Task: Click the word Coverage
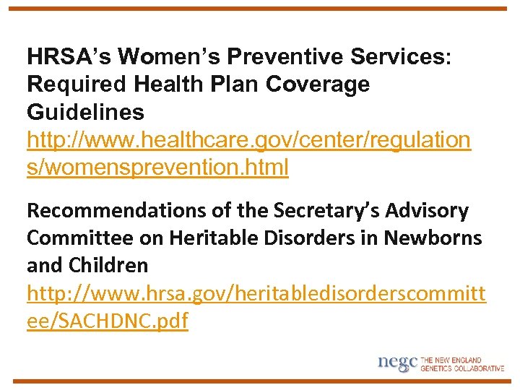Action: coord(318,84)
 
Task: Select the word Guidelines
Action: coord(85,113)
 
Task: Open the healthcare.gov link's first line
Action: coord(248,140)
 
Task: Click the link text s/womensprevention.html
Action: coord(157,168)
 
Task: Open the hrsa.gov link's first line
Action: coord(256,293)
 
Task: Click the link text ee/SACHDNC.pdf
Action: coord(107,321)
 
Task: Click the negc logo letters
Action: coord(397,363)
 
